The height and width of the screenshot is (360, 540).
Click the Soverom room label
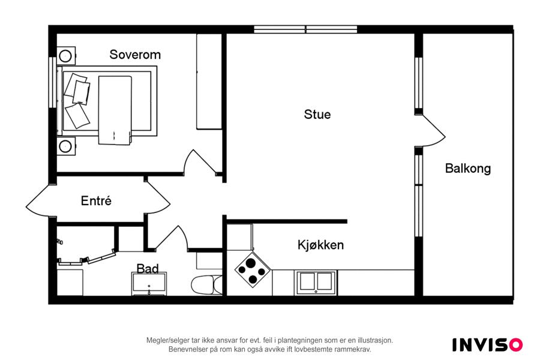click(135, 55)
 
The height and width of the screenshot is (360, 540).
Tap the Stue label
click(317, 115)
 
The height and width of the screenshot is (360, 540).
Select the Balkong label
click(467, 169)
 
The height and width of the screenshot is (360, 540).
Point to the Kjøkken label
click(320, 245)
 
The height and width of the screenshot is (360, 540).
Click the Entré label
click(96, 200)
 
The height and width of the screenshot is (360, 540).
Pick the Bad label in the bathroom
click(148, 268)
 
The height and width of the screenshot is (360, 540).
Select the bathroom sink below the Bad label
click(149, 284)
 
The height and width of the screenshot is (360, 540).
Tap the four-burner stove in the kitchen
click(253, 269)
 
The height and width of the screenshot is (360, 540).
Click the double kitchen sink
click(316, 283)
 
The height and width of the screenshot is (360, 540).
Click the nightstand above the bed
click(66, 55)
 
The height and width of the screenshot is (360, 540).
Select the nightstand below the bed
click(66, 146)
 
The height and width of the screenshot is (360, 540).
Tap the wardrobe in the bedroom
click(209, 82)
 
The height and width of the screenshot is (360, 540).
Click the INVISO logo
click(487, 345)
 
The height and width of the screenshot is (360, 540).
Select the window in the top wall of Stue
click(305, 29)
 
